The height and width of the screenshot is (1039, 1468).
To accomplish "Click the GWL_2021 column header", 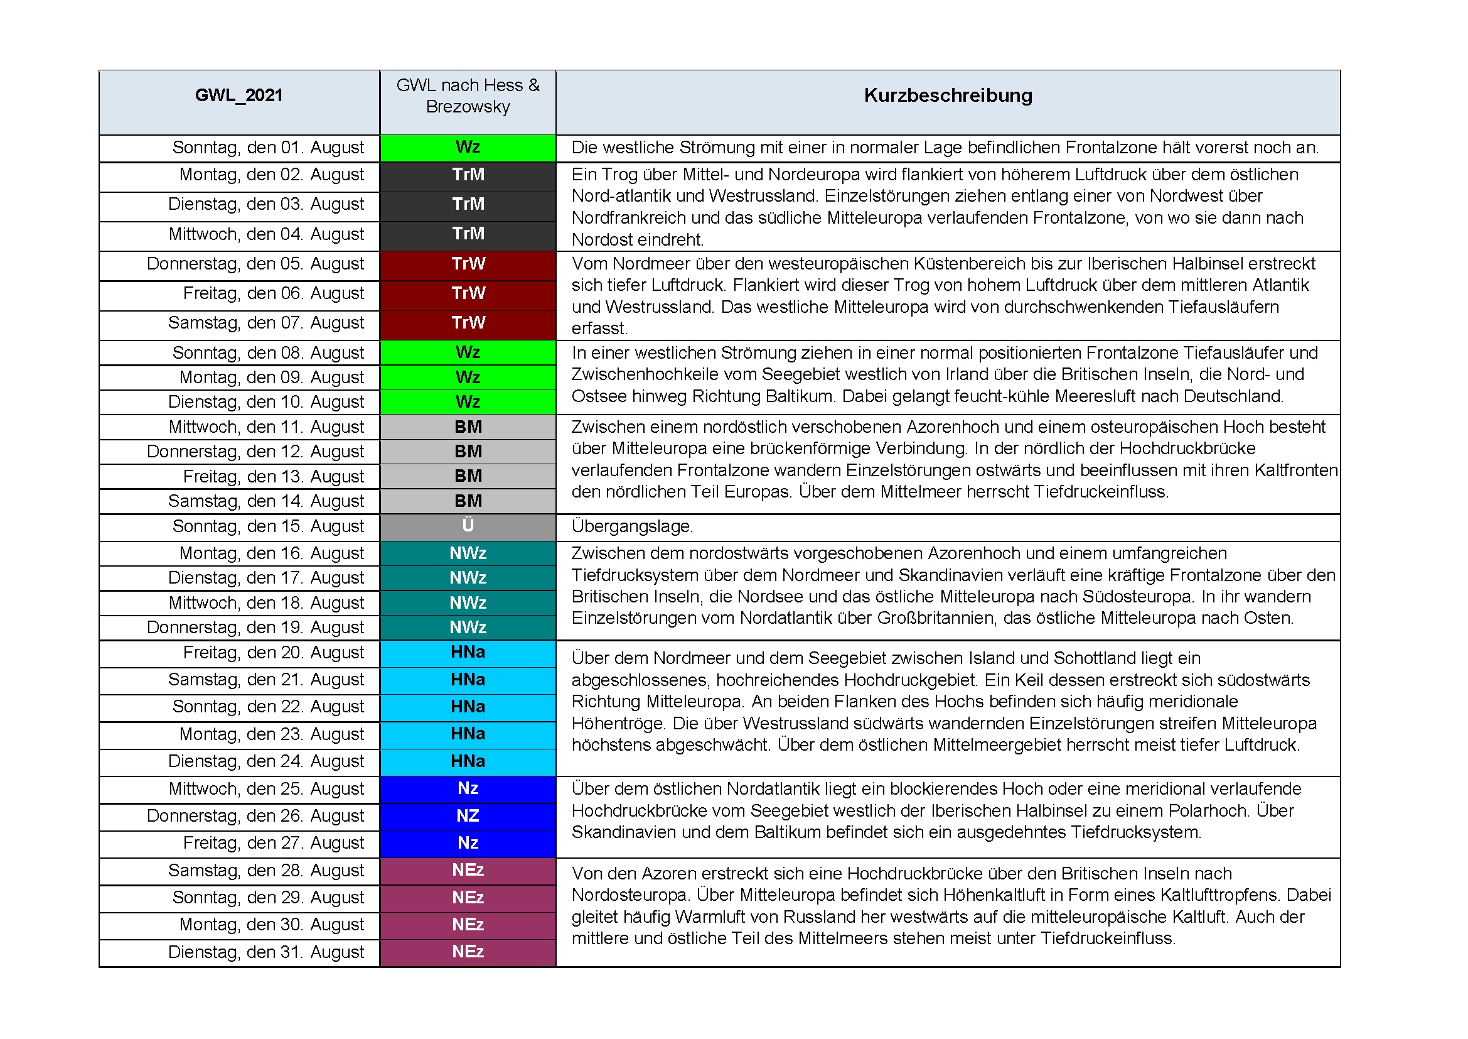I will (238, 95).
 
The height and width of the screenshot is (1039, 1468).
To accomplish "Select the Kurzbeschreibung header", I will (948, 95).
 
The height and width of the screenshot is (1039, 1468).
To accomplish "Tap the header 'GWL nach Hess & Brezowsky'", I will (468, 96).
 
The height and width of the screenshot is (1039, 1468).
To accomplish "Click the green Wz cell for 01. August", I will (468, 147).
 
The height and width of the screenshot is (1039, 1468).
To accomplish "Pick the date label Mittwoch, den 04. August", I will (266, 234).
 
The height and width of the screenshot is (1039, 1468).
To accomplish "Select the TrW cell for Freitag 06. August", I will (468, 293).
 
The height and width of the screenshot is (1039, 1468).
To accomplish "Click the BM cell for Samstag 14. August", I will (468, 501).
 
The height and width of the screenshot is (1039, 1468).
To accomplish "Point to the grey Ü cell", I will (468, 525).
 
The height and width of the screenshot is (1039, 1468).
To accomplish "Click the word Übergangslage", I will (632, 526).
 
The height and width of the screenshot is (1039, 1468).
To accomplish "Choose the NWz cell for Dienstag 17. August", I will (468, 578).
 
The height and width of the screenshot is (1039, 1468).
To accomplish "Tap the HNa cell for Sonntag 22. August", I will (468, 706).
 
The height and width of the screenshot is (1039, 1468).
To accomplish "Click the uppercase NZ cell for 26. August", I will (468, 816).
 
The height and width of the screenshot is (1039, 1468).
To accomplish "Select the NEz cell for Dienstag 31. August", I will (468, 951).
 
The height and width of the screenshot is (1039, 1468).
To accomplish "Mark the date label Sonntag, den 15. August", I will (268, 526).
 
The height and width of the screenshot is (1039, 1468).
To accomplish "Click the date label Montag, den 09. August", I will (271, 378).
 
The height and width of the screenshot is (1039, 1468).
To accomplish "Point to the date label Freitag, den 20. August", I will (273, 653).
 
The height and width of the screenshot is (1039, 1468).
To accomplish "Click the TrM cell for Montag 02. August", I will (468, 175).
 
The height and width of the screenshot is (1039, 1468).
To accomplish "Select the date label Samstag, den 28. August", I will (266, 871).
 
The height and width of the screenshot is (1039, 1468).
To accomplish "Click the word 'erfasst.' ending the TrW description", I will (600, 329).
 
